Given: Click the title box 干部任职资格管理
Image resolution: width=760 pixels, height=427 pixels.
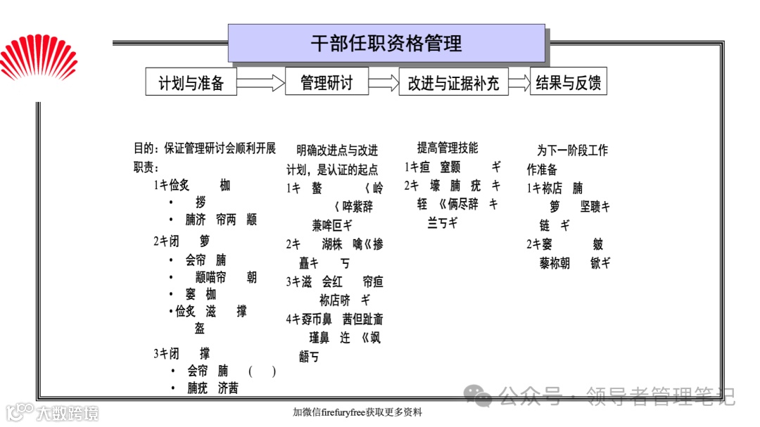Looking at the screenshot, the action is click(x=386, y=43).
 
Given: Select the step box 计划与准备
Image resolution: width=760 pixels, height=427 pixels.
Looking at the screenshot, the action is click(x=191, y=82).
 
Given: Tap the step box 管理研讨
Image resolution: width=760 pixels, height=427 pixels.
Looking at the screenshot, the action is click(x=327, y=82).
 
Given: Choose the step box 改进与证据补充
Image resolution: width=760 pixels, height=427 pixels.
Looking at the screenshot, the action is click(x=453, y=82).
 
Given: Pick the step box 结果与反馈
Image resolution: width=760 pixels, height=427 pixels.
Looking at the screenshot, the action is click(x=569, y=82).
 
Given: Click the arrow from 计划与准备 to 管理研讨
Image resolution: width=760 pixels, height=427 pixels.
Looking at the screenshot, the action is click(x=260, y=83).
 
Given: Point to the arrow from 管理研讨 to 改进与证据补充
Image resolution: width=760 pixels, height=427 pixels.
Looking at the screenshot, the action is click(x=384, y=83).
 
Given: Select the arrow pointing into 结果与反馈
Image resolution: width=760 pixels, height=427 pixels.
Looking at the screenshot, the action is click(x=519, y=83).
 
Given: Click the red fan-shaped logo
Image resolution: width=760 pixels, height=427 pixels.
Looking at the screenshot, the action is click(x=39, y=59).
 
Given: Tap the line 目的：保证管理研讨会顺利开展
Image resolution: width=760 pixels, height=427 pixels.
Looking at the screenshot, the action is click(x=205, y=148).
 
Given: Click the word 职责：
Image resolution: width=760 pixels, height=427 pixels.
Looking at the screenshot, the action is click(x=146, y=167).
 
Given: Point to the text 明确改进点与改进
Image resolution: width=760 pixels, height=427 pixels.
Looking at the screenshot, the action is click(x=337, y=151).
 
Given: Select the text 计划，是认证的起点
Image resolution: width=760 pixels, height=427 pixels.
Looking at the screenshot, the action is click(x=331, y=170).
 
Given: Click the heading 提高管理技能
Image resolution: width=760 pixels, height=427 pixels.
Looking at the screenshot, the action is click(x=447, y=148).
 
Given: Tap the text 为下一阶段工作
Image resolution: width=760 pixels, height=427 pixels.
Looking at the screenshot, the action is click(x=572, y=150).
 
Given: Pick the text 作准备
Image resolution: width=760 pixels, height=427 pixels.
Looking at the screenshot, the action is click(x=542, y=170).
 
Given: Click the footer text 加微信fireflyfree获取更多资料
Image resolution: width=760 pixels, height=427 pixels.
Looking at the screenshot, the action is click(x=357, y=412).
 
